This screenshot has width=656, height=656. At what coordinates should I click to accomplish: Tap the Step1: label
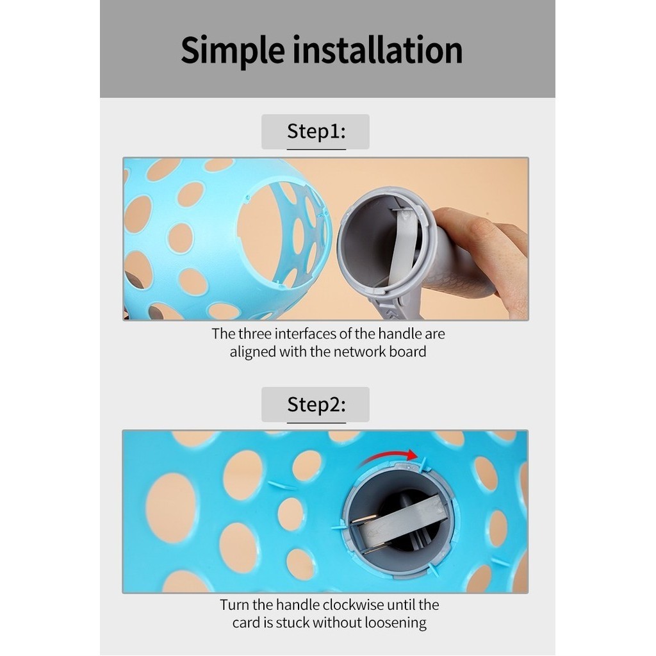316,131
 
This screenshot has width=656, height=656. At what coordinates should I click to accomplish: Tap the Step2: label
316,405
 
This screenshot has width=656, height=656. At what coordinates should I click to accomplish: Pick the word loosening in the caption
395,623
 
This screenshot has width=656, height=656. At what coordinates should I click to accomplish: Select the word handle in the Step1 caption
395,334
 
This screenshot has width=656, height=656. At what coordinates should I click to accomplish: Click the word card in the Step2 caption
247,623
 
